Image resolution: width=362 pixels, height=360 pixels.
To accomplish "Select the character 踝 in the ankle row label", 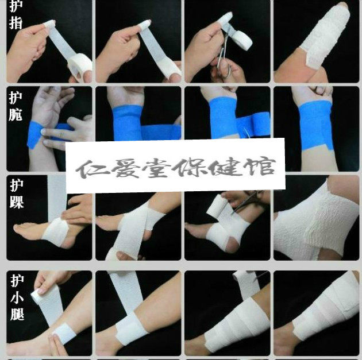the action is (x=17, y=201).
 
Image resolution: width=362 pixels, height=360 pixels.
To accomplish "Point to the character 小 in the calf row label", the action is (x=17, y=297).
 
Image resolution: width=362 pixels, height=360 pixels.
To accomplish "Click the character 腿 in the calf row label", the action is (x=17, y=313).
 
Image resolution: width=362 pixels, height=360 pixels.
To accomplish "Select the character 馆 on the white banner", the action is (x=260, y=167).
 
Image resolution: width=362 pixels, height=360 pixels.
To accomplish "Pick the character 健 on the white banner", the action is (x=226, y=167).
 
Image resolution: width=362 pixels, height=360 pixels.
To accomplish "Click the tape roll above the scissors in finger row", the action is (x=241, y=38).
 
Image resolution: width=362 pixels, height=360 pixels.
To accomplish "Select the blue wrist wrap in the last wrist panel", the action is (x=315, y=125).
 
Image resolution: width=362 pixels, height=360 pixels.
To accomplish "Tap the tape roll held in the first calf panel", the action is (x=39, y=296).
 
